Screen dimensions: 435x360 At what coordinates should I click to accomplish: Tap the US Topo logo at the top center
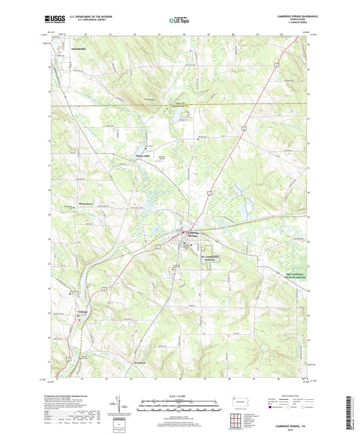point(180,20)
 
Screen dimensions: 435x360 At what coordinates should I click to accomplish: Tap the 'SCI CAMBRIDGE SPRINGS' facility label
point(211,259)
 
